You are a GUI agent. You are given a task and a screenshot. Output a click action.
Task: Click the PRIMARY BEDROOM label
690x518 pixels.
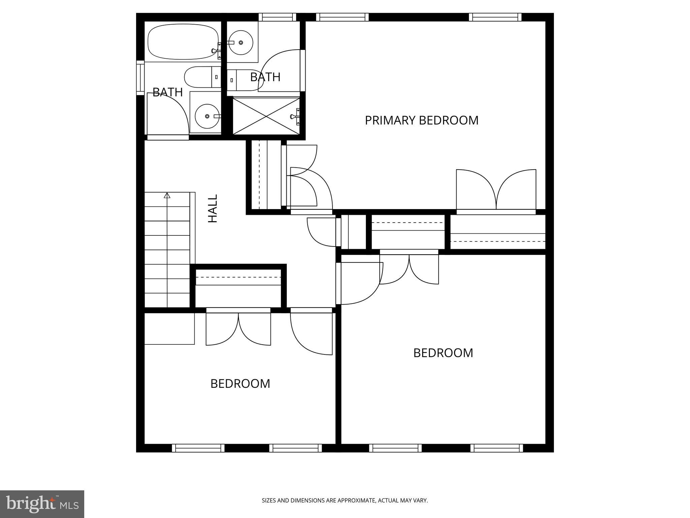click(x=421, y=120)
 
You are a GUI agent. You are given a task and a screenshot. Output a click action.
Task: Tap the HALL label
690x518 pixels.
click(x=213, y=208)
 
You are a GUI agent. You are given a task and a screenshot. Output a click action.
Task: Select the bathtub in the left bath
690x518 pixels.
click(x=182, y=42)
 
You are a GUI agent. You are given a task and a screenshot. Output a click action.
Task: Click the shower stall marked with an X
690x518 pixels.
click(x=266, y=116)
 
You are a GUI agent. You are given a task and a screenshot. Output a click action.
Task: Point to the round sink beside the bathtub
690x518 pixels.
click(x=241, y=42)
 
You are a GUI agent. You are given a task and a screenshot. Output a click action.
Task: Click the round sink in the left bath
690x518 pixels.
click(x=207, y=116)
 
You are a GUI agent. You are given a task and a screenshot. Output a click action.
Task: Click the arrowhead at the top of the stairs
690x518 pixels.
click(x=167, y=195)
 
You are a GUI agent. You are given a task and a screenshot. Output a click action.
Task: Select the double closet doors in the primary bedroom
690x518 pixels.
click(x=496, y=191)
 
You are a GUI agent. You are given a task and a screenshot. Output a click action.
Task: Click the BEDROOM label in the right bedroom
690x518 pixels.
click(x=443, y=353)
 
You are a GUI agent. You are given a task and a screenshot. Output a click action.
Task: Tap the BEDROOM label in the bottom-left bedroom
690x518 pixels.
click(x=240, y=384)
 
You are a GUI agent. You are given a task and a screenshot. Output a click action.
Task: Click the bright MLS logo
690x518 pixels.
click(x=42, y=504)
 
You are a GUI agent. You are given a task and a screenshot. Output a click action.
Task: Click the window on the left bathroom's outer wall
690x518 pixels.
click(x=140, y=77)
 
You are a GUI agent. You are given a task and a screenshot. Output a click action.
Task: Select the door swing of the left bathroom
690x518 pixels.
click(x=167, y=115)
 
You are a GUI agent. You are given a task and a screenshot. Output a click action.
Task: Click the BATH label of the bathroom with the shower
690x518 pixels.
click(x=265, y=77)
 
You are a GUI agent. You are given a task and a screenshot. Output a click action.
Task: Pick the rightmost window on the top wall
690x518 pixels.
click(x=495, y=17)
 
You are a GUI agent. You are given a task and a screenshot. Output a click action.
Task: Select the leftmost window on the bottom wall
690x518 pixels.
click(x=198, y=448)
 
